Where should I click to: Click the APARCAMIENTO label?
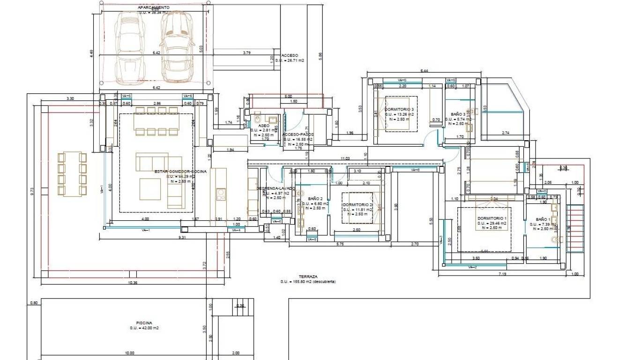(154, 7)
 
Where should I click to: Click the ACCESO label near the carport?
(290, 55)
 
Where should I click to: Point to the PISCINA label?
(144, 322)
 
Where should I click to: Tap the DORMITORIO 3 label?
(399, 109)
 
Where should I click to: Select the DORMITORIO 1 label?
(492, 218)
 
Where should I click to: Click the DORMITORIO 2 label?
(358, 205)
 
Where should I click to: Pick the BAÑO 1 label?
(543, 219)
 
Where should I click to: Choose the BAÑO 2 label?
(314, 199)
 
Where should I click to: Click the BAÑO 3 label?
(458, 114)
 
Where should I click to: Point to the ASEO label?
(264, 126)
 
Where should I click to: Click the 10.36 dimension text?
(132, 283)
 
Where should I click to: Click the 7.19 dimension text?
(503, 273)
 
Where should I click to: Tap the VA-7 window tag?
(472, 267)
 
